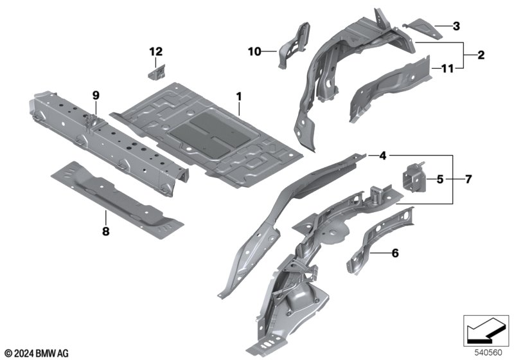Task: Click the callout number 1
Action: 239,96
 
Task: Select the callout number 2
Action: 481,55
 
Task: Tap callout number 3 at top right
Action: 456,26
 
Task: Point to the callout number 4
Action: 382,156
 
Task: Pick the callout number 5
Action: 440,179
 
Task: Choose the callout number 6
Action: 395,253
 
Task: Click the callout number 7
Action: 468,179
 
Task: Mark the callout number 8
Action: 105,231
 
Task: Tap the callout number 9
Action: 96,95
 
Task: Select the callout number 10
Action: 254,51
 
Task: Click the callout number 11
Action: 447,69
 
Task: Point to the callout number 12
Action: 155,51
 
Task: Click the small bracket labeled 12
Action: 157,73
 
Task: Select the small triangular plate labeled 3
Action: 425,29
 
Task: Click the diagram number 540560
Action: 488,353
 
